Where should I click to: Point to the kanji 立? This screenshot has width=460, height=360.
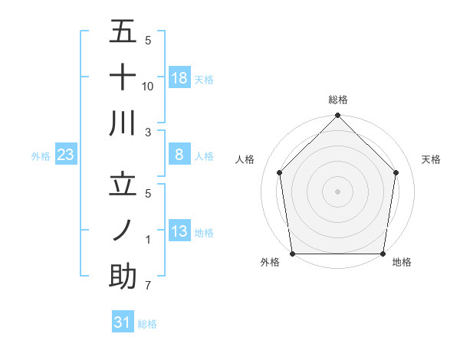123,185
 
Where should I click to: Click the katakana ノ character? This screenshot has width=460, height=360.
123,231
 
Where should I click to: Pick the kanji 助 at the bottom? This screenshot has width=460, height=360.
123,277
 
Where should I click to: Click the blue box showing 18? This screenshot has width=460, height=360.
179,77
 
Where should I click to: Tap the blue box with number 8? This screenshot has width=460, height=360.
179,155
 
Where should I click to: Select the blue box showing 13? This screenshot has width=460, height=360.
179,231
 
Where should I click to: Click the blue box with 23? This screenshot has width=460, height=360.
66,155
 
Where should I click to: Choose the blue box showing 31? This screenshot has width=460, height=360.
123,322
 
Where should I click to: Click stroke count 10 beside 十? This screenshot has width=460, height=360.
148,87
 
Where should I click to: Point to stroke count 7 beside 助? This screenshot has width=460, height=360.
147,286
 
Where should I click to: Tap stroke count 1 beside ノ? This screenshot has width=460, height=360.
147,240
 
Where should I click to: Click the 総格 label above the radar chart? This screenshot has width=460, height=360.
338,100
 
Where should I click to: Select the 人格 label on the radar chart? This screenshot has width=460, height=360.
245,159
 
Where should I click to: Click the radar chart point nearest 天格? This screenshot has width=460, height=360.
396,172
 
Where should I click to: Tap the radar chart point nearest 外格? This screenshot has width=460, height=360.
292,254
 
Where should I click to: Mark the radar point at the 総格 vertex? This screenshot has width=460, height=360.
338,116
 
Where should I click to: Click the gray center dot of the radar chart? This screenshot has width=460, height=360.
338,191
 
